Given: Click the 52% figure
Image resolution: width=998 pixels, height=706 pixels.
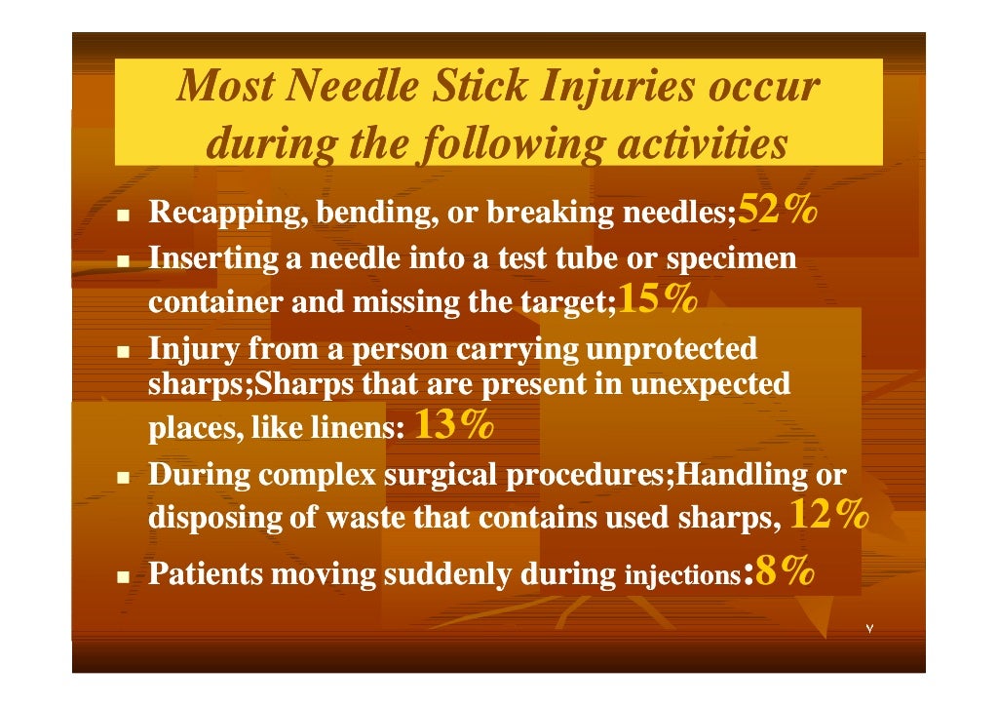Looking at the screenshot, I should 777,209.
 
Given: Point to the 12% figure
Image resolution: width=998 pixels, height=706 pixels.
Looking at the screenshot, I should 826,514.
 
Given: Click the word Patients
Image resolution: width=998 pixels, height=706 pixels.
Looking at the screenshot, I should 205,574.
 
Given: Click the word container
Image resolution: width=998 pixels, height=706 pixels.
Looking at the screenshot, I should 213,303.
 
